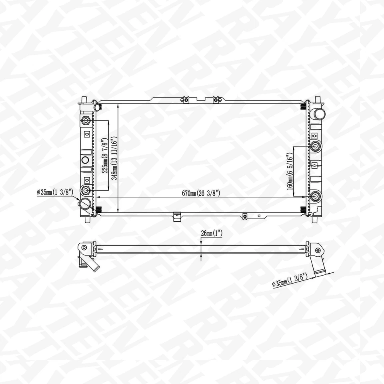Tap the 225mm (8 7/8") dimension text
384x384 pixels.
[x=105, y=155]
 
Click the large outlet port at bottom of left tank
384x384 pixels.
[x=85, y=204]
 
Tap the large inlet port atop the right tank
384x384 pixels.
[x=319, y=113]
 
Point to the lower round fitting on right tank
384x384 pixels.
[x=316, y=196]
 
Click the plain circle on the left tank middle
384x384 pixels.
[x=85, y=160]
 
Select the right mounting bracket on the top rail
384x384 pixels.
[x=216, y=99]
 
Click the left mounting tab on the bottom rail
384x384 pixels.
[x=176, y=217]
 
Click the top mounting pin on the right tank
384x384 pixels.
[x=318, y=100]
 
